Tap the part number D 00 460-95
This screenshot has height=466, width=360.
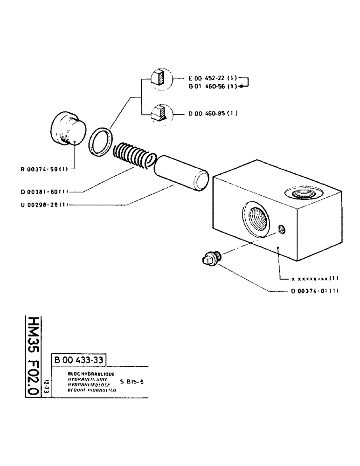(213, 113)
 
